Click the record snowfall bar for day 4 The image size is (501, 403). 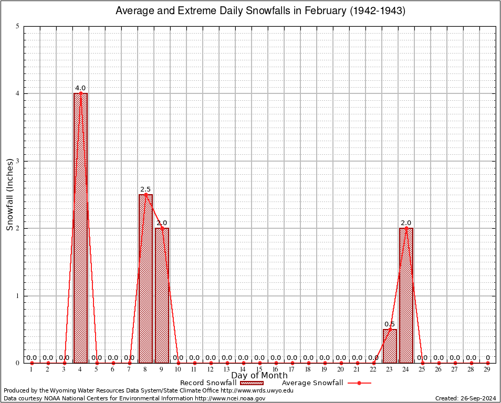click(80, 228)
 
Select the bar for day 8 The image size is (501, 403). click(145, 278)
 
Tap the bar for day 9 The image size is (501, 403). click(162, 295)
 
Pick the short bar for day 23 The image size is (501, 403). click(389, 346)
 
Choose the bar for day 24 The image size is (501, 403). click(406, 295)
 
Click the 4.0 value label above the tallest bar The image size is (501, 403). click(80, 88)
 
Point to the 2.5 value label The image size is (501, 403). click(145, 189)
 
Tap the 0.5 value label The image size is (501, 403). click(389, 324)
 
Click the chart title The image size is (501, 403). click(260, 11)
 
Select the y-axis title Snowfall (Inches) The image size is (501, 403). click(10, 195)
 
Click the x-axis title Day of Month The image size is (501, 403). click(259, 375)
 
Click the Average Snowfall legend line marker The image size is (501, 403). click(359, 383)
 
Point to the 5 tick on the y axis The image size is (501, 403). click(18, 26)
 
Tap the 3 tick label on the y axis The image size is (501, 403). click(18, 161)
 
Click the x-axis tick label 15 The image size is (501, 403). click(259, 369)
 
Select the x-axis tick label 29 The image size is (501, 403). click(487, 369)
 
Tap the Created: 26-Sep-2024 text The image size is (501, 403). click(466, 399)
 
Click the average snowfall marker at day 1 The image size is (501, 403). click(32, 363)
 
